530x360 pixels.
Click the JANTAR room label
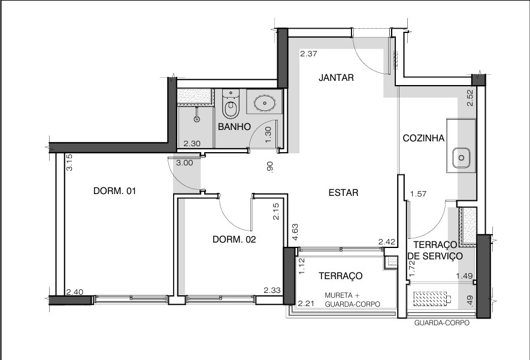pos(336,78)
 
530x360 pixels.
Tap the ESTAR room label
pos(343,193)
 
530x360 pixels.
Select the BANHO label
pos(234,127)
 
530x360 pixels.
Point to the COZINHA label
pos(423,138)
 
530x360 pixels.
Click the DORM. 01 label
pos(114,191)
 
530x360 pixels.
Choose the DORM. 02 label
pos(234,240)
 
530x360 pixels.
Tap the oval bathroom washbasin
pos(264,103)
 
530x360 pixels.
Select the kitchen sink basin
pos(461,158)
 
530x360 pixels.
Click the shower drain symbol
pos(196,119)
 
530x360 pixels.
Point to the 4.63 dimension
pos(295,232)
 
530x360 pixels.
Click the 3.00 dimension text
pos(184,163)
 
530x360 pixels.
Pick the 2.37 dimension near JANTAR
pos(308,53)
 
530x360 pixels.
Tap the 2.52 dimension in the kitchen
pos(470,98)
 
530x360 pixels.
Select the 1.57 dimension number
pos(418,194)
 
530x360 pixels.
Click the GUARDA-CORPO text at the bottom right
pos(442,323)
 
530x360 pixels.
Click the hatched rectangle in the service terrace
pos(430,299)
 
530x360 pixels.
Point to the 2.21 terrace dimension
pos(306,304)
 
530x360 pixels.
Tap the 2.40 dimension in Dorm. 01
pos(75,292)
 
